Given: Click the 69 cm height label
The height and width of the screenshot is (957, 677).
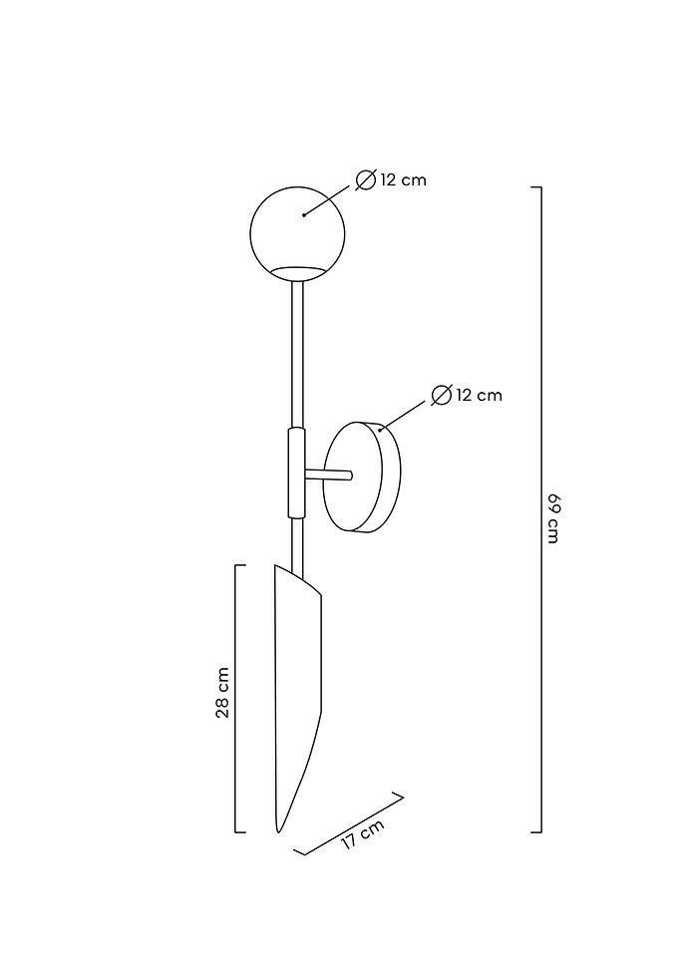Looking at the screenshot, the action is (553, 517).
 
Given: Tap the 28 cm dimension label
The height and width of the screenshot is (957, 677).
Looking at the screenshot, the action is (222, 692).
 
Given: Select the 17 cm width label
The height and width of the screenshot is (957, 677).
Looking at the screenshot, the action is (363, 833).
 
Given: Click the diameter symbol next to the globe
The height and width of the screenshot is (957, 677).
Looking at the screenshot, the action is (366, 180).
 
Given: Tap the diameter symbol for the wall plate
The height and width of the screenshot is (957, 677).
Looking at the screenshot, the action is (442, 395).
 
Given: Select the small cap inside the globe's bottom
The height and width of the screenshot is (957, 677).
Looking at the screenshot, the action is (297, 273).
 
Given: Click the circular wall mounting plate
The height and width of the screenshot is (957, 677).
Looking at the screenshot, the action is (362, 477).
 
